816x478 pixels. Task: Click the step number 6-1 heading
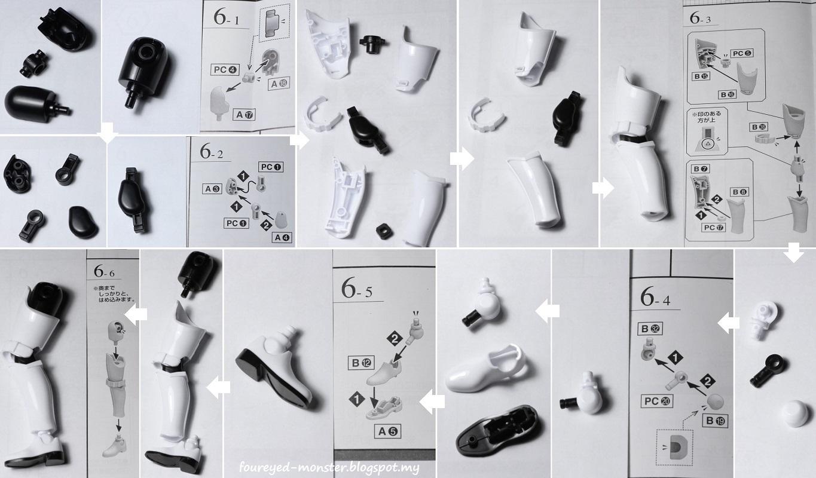pos(227,19)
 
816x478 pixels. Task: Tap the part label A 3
pos(212,189)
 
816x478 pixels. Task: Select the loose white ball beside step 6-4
pos(791,415)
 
